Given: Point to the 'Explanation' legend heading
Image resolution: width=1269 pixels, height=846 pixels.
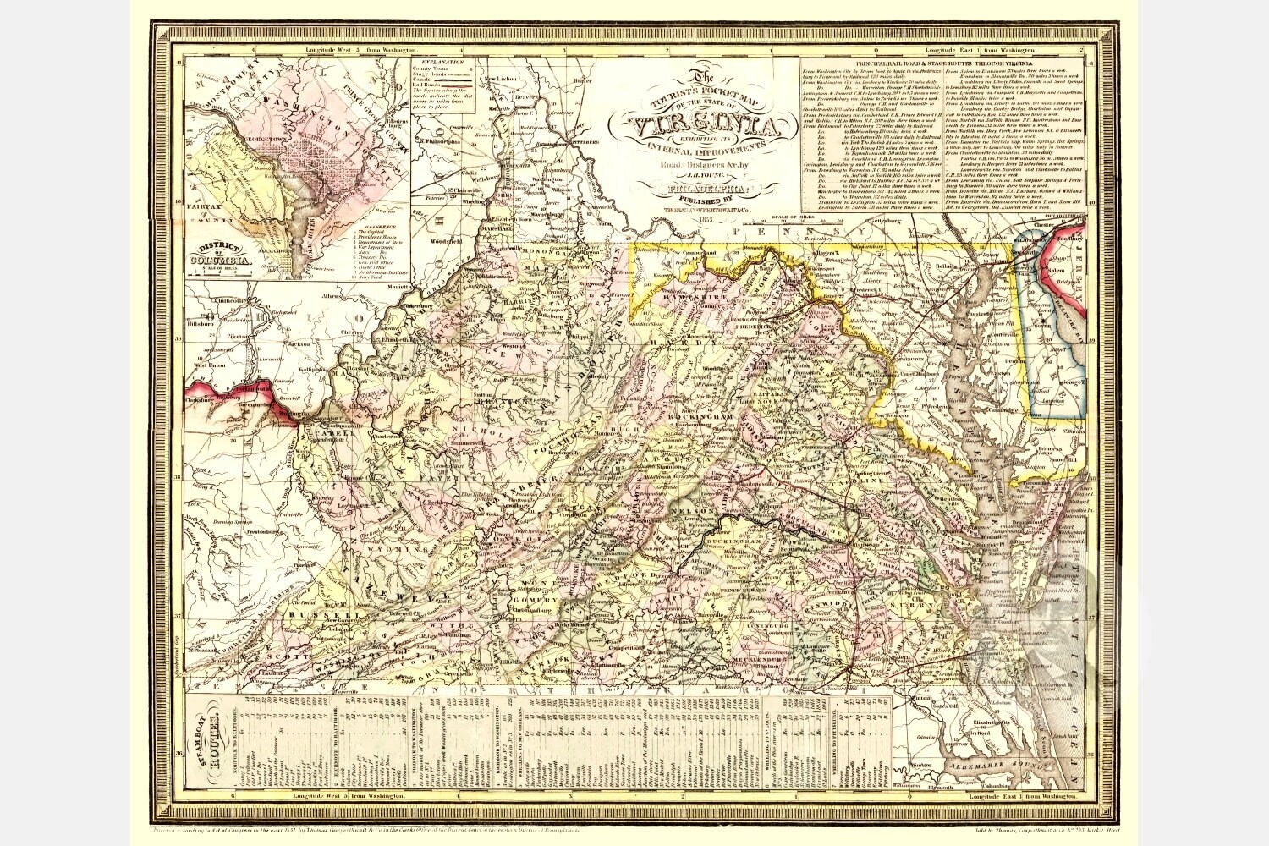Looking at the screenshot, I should [x=441, y=63].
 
